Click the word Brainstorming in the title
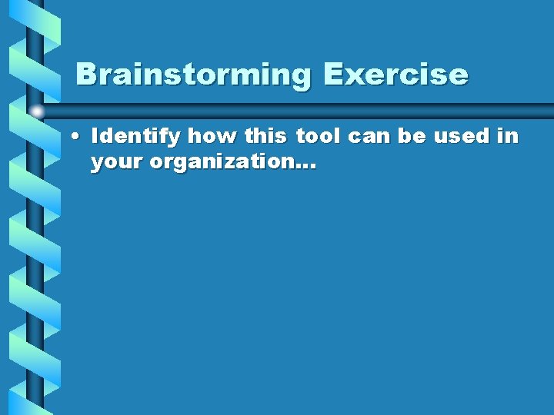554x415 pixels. pos(193,75)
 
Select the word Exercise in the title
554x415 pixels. pos(395,75)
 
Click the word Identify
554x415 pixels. pos(137,138)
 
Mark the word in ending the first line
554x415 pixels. pos(508,138)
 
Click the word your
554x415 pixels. pos(116,164)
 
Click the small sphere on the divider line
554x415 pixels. pos(36,112)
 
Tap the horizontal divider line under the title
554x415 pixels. pos(308,110)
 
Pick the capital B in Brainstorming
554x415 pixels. pos(87,75)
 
